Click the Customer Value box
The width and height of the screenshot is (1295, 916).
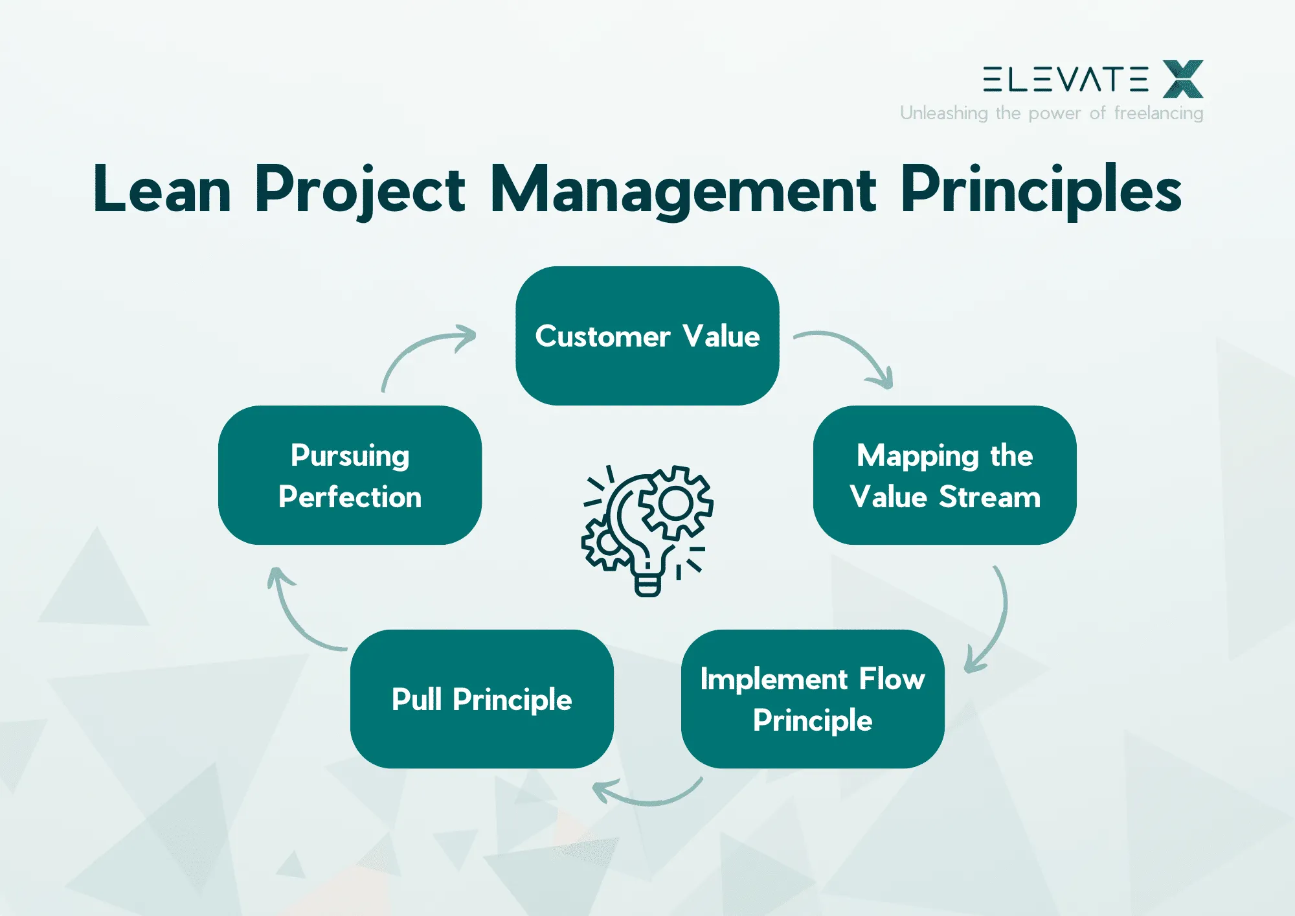click(x=647, y=336)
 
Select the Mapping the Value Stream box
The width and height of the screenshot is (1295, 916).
click(x=944, y=475)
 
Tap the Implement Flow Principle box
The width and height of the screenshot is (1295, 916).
click(x=812, y=698)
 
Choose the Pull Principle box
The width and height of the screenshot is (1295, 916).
click(x=482, y=698)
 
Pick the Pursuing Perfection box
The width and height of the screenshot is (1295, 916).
click(x=350, y=475)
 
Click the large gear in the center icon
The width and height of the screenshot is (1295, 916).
click(x=675, y=503)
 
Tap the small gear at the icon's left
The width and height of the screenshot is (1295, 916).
click(x=605, y=543)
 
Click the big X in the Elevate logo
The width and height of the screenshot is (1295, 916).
click(x=1182, y=79)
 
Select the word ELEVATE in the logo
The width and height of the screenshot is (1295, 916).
click(x=1065, y=79)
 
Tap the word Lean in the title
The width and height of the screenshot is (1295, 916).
click(x=162, y=189)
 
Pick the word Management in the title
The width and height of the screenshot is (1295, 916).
click(x=683, y=189)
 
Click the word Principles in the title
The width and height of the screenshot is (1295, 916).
click(x=1041, y=189)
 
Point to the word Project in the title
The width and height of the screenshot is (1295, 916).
click(x=359, y=189)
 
